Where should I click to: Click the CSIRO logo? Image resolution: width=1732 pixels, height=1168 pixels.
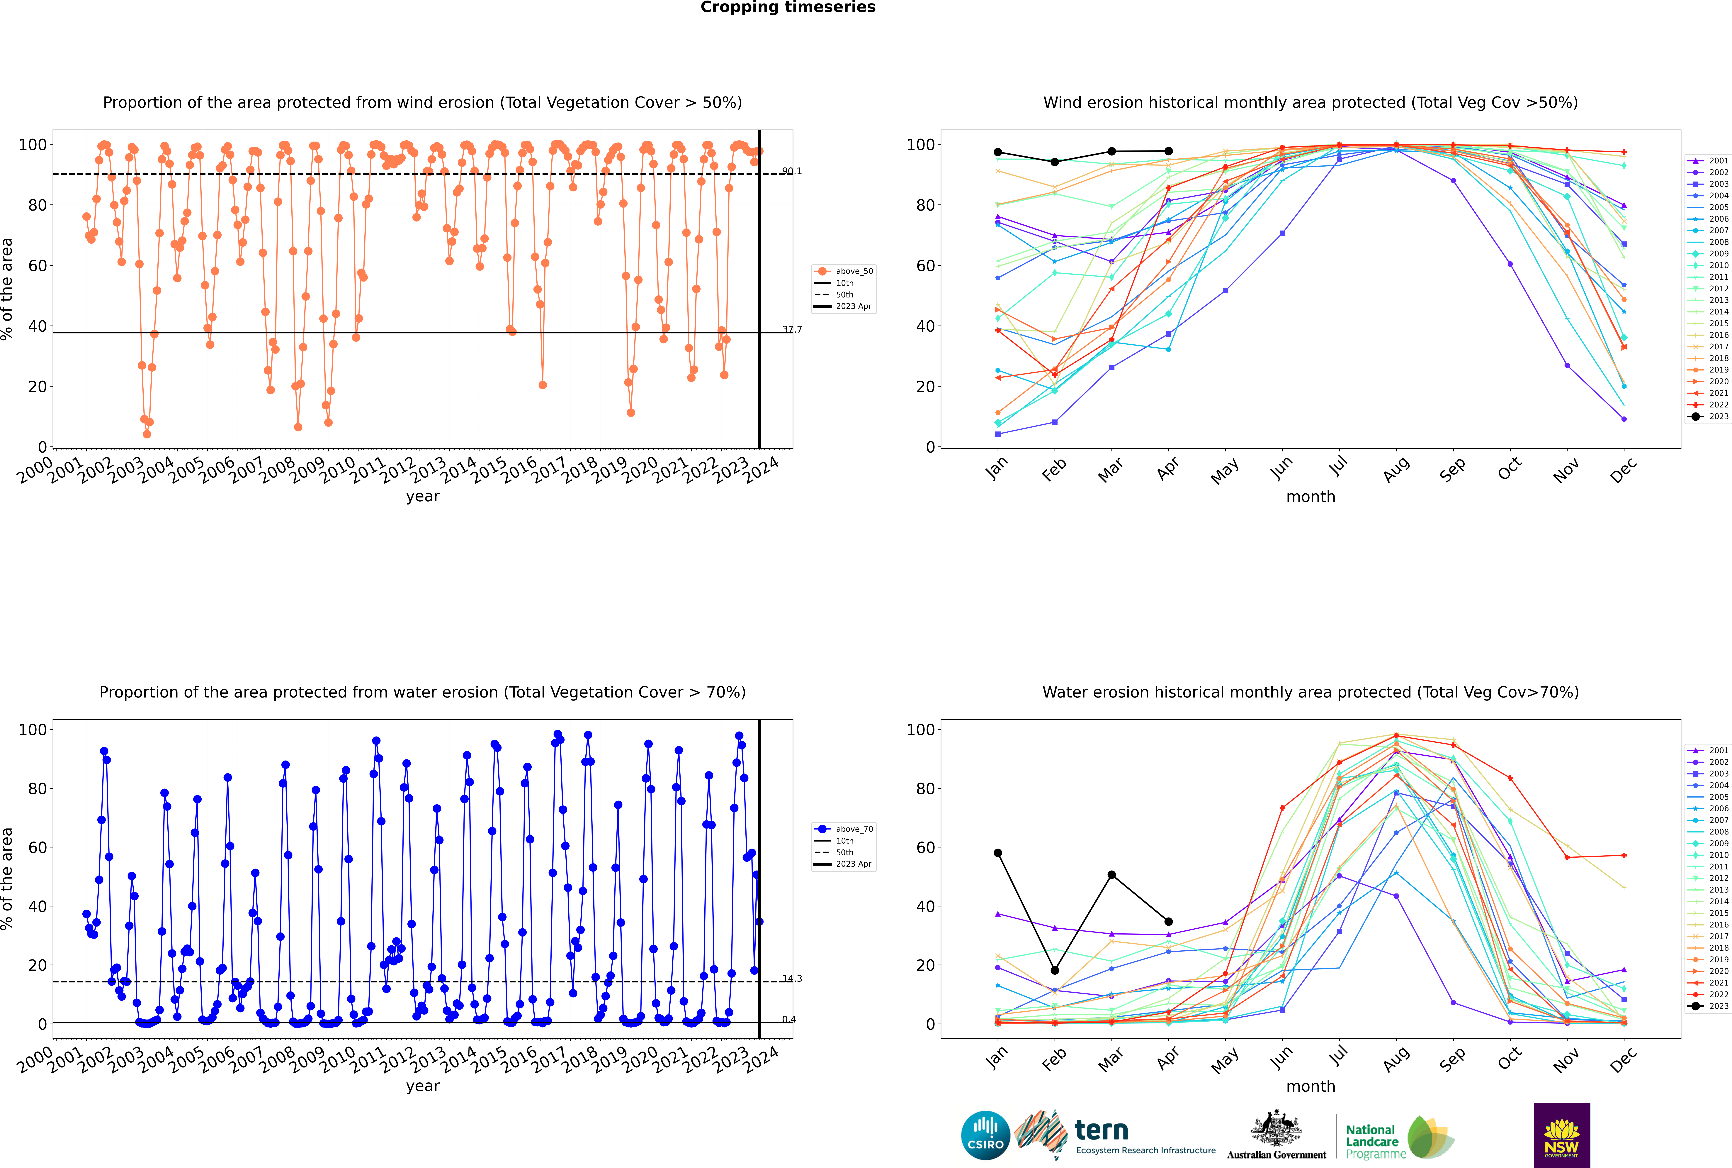tap(985, 1135)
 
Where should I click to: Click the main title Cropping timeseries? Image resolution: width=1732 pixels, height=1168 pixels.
tap(788, 7)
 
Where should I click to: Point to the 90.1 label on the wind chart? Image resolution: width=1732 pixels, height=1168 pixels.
tap(792, 171)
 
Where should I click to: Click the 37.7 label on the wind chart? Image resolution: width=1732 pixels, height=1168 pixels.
tap(792, 329)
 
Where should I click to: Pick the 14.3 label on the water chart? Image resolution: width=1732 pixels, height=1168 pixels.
tap(792, 979)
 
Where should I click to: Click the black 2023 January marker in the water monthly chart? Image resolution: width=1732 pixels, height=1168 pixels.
tap(998, 853)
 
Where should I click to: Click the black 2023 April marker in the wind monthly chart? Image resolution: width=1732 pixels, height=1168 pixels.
tap(1168, 151)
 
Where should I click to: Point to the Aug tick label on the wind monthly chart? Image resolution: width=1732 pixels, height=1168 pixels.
tap(1396, 469)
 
